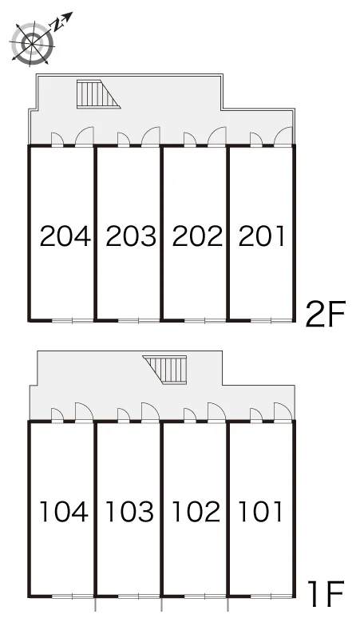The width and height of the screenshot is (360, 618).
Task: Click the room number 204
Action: click(65, 236)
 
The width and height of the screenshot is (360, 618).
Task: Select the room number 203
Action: click(131, 236)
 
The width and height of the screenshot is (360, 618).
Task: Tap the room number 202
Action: click(197, 236)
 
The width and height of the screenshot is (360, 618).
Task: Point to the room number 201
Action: click(261, 236)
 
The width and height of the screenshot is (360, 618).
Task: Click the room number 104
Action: click(64, 512)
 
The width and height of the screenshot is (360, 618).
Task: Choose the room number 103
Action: click(129, 512)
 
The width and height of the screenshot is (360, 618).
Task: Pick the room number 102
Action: click(196, 512)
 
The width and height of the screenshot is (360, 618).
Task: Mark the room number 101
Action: click(260, 512)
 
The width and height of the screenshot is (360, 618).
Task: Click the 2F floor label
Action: click(326, 314)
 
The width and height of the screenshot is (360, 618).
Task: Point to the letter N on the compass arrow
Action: click(57, 26)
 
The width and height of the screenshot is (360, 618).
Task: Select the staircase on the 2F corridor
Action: click(98, 93)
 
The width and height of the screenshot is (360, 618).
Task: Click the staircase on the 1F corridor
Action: click(164, 370)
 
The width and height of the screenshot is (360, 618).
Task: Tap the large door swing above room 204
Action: click(85, 136)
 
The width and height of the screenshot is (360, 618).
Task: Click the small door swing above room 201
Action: click(256, 139)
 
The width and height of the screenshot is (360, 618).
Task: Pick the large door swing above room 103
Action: click(150, 412)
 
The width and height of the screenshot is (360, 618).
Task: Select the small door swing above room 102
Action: click(190, 415)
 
